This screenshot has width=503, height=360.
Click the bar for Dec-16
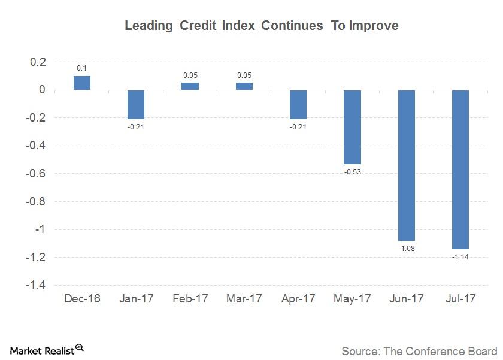[x=82, y=83]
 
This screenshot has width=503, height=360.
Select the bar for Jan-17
[x=136, y=104]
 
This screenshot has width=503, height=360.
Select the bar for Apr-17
[x=298, y=104]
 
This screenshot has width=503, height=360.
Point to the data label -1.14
[x=460, y=256]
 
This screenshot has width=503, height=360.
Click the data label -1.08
[x=406, y=248]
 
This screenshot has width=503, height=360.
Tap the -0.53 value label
[x=352, y=172]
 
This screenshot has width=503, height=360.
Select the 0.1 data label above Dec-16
[x=82, y=69]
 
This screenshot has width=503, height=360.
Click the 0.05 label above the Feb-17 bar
[x=190, y=76]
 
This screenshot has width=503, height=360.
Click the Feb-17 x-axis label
[x=190, y=298]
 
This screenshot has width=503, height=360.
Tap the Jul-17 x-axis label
[x=460, y=298]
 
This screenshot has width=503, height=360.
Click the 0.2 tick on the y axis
[x=38, y=62]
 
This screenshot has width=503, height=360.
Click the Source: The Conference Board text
[x=419, y=350]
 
